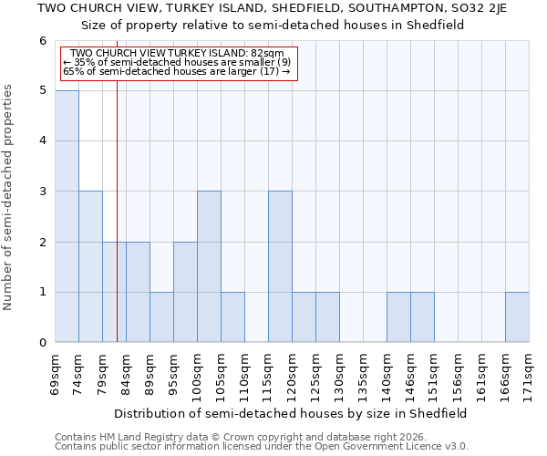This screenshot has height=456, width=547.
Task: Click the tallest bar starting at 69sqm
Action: coord(67,216)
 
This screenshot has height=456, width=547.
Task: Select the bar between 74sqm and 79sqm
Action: coord(90,266)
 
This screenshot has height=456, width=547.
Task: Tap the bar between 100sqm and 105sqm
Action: coord(209,266)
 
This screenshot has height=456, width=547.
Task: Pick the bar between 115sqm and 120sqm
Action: coord(280,266)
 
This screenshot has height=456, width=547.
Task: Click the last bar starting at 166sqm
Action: coord(517,317)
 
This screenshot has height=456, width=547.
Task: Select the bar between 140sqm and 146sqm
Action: coord(398,317)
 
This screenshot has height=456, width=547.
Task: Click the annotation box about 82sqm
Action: coord(178,62)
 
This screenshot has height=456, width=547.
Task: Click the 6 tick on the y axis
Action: coord(42,41)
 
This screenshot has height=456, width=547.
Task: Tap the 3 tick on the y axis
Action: coord(42,192)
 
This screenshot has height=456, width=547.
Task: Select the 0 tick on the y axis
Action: coord(42,343)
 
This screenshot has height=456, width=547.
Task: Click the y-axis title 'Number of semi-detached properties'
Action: coord(9,197)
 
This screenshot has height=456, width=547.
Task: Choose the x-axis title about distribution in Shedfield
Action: coord(292,413)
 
